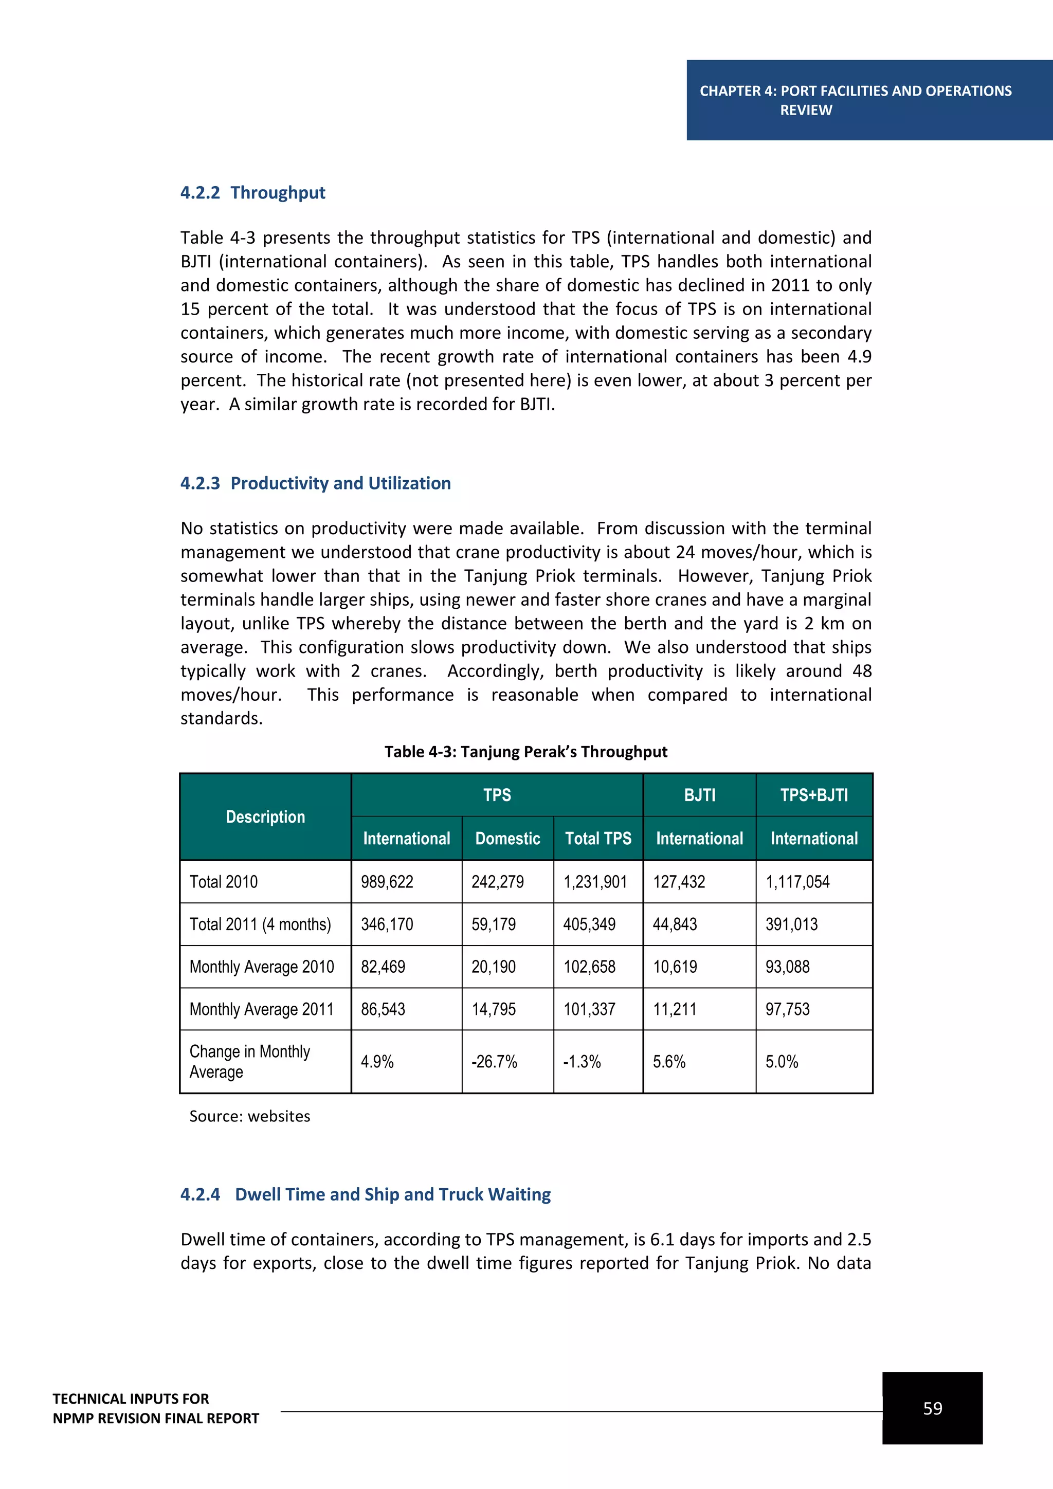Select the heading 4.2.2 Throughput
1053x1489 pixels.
pyautogui.click(x=252, y=193)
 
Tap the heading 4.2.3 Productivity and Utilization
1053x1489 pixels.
pyautogui.click(x=315, y=483)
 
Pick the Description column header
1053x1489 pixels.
pyautogui.click(x=265, y=817)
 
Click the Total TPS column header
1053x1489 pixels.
pyautogui.click(x=598, y=839)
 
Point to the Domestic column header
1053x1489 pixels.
pyautogui.click(x=507, y=839)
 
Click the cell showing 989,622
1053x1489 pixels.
pyautogui.click(x=387, y=882)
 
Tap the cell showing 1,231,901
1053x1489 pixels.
pyautogui.click(x=595, y=882)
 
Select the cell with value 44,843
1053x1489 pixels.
pyautogui.click(x=675, y=924)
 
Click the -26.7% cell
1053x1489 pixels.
pyautogui.click(x=494, y=1062)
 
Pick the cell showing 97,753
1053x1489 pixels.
pyautogui.click(x=787, y=1009)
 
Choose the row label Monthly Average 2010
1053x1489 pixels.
pyautogui.click(x=261, y=967)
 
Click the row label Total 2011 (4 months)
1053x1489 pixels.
pyautogui.click(x=260, y=924)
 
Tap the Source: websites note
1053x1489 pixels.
pyautogui.click(x=250, y=1116)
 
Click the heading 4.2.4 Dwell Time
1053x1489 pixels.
pyautogui.click(x=365, y=1194)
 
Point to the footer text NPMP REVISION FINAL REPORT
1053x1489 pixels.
pyautogui.click(x=156, y=1419)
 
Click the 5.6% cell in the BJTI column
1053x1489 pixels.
pyautogui.click(x=668, y=1062)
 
